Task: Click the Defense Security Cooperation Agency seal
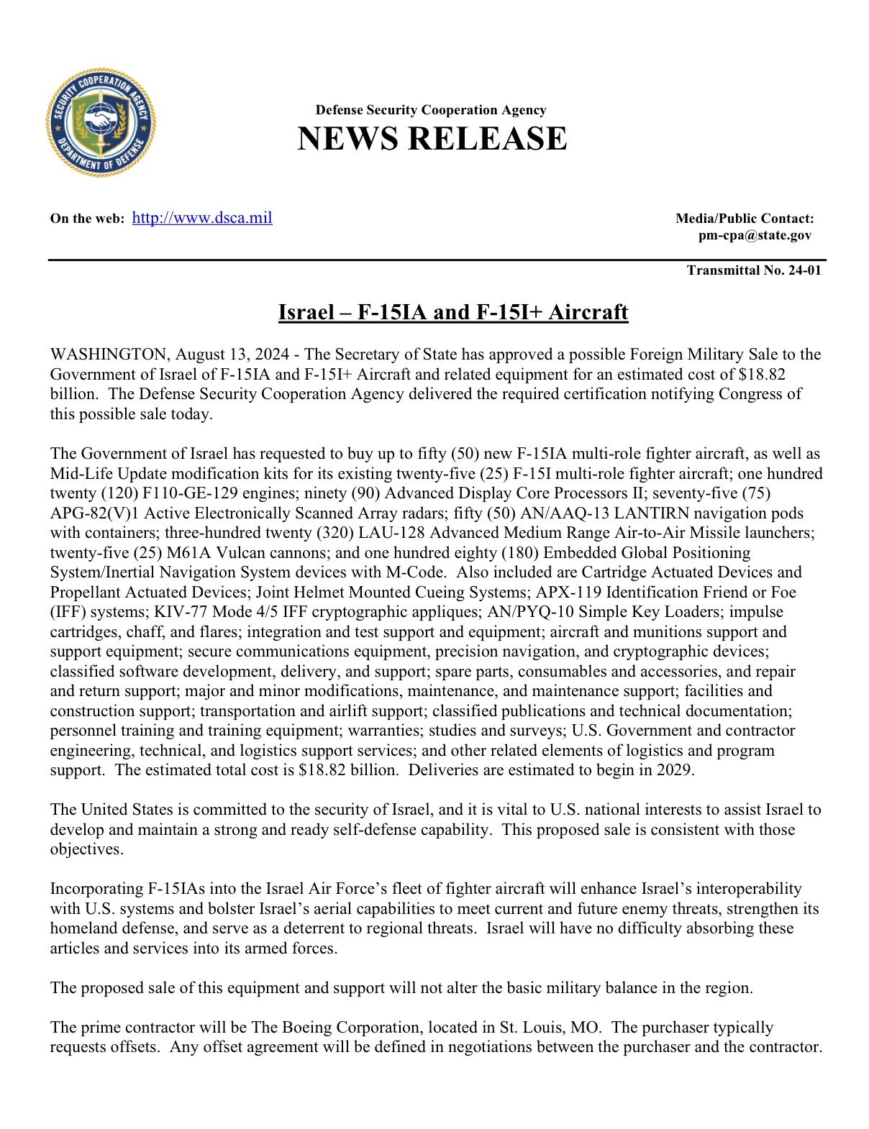101,122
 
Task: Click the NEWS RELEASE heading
432,139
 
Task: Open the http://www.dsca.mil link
202,218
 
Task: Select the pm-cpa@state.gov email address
755,235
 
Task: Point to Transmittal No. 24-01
753,270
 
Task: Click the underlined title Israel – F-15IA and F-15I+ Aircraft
453,312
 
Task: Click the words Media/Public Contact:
745,219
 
